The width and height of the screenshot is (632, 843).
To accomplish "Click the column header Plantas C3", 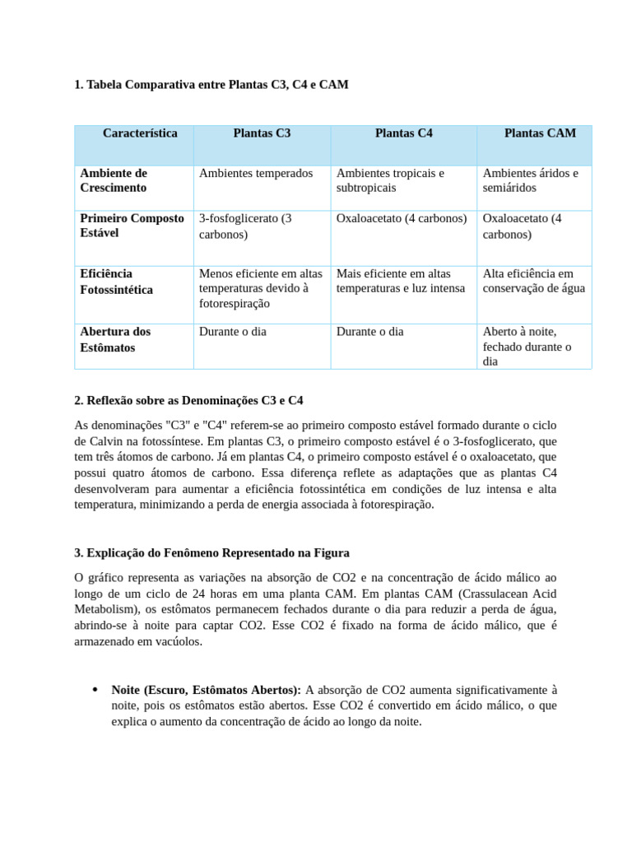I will click(262, 133).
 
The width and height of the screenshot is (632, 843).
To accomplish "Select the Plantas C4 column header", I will click(403, 133).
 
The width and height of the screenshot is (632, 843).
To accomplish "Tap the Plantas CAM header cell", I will click(540, 133).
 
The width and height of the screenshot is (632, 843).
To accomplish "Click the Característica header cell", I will click(140, 133).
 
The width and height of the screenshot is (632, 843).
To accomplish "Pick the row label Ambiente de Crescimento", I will click(114, 180).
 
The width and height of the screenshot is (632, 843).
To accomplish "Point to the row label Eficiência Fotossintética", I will click(117, 282).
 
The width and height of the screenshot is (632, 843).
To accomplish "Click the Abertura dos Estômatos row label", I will click(115, 339).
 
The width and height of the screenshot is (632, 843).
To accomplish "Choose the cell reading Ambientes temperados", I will click(256, 174).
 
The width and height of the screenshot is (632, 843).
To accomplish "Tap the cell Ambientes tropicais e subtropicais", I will click(390, 180).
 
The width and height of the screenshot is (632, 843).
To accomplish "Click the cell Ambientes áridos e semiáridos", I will click(530, 180).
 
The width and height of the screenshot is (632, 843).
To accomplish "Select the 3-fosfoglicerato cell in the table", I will click(245, 226).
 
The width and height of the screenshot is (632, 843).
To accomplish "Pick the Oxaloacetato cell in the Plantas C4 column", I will click(402, 219).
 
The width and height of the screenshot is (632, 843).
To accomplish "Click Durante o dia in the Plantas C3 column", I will click(233, 332).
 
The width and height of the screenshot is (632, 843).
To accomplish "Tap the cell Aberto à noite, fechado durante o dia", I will click(527, 347).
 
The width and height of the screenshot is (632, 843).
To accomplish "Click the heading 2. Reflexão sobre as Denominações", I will click(188, 401).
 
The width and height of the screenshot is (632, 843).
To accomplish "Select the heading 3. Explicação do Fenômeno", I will click(211, 552).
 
